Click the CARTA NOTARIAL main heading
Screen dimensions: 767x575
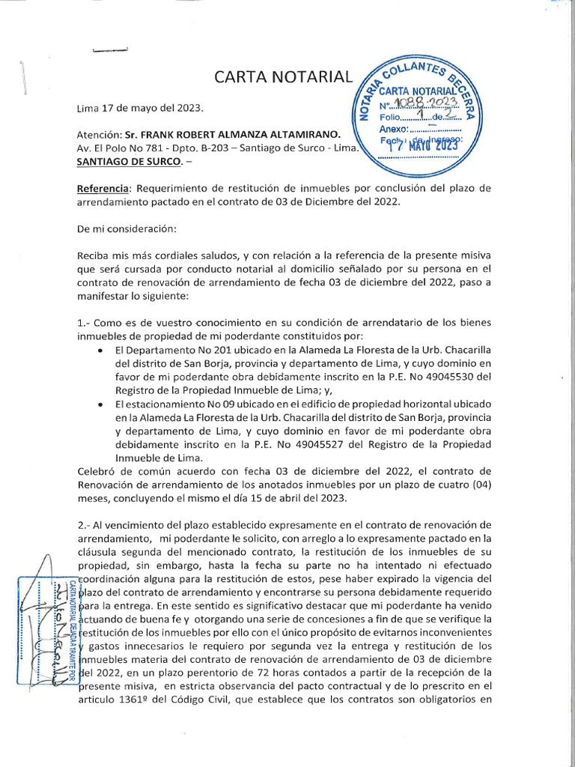(282, 76)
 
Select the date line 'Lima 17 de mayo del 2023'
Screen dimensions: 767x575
(140, 108)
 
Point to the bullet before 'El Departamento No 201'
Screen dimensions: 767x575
(101, 350)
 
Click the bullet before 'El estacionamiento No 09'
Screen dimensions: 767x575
(101, 404)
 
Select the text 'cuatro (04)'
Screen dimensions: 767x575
(463, 485)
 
